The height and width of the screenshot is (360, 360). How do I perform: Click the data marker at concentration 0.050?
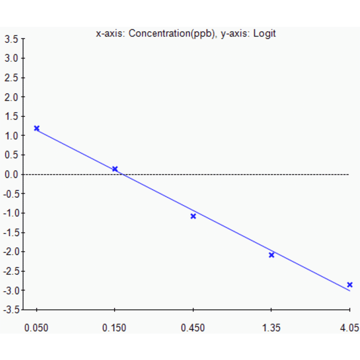pos(37,128)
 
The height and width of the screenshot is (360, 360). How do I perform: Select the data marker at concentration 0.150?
pos(115,169)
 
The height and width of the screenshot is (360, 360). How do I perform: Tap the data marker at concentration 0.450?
pos(193,216)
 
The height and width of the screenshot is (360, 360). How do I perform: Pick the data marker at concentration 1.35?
pos(271,255)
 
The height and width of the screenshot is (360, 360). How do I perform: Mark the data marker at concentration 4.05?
pos(350,285)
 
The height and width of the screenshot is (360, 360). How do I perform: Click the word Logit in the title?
pos(264,33)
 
